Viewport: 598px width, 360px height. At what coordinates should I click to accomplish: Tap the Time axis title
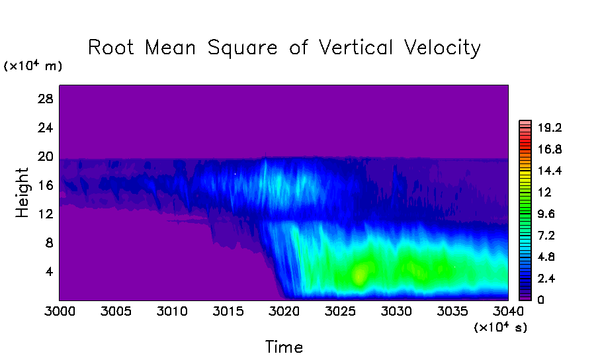(284, 347)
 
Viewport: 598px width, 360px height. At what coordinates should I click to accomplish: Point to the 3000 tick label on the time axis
(60, 311)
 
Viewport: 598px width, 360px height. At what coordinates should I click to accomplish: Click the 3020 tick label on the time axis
(284, 311)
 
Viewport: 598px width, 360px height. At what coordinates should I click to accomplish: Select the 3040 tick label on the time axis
(508, 311)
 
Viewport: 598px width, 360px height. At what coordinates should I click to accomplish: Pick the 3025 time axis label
(340, 311)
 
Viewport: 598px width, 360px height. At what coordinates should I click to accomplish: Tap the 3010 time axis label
(172, 311)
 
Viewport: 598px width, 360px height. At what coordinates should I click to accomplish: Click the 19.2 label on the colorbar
(550, 127)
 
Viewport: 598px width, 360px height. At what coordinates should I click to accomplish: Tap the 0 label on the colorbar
(540, 300)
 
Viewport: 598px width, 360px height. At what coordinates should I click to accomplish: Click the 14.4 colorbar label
(550, 170)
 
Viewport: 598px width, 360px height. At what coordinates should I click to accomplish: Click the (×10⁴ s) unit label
(500, 327)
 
